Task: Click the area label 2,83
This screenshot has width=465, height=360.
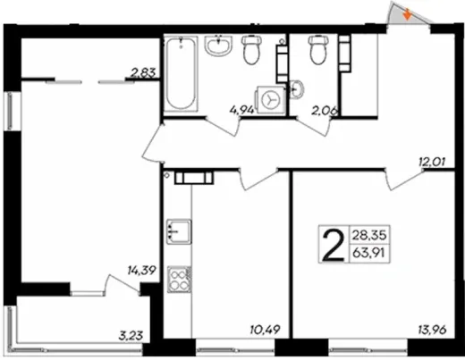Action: click(x=143, y=73)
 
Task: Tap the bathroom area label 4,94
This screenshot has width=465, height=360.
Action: click(x=242, y=110)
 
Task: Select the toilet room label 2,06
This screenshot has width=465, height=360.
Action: click(x=325, y=111)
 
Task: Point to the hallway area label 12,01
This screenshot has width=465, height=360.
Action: click(x=432, y=163)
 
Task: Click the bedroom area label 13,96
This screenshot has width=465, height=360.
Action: click(x=433, y=330)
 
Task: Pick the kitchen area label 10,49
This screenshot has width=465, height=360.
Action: click(x=266, y=330)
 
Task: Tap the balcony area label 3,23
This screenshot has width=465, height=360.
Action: click(x=131, y=336)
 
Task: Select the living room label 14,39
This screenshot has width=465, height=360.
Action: click(x=142, y=271)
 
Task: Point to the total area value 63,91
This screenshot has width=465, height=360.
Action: click(x=368, y=254)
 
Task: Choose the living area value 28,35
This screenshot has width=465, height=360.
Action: click(x=369, y=235)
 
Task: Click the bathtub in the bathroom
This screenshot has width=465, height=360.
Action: click(x=181, y=74)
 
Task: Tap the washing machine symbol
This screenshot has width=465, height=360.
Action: click(x=270, y=100)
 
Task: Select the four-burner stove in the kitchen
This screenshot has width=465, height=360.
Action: click(x=179, y=280)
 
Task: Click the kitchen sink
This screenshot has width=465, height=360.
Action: click(x=179, y=231)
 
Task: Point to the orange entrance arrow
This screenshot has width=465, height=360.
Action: click(x=407, y=15)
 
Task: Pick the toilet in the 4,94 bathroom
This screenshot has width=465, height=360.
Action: click(x=251, y=49)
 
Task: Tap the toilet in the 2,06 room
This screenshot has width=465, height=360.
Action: click(x=318, y=49)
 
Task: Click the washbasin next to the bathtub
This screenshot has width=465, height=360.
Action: click(x=218, y=46)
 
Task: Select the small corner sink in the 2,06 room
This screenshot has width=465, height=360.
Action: click(x=296, y=88)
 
